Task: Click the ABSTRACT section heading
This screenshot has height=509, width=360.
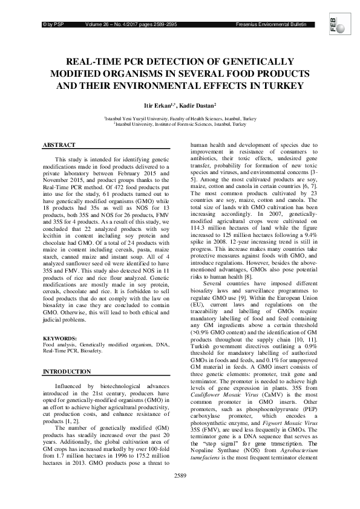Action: [x=59, y=145]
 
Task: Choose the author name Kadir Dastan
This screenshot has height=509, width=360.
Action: [x=201, y=105]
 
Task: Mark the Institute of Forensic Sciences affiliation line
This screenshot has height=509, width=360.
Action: [x=180, y=123]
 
